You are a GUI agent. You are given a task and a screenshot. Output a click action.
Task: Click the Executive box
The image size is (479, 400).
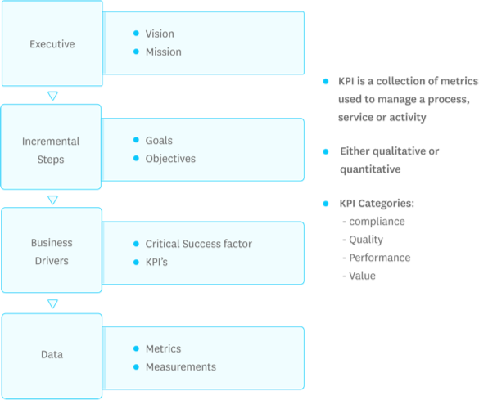[52, 43]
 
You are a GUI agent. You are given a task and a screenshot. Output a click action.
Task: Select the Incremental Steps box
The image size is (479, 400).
[52, 150]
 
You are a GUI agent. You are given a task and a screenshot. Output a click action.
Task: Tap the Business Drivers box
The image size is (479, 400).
[52, 251]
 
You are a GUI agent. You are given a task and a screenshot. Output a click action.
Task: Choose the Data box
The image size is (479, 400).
[52, 355]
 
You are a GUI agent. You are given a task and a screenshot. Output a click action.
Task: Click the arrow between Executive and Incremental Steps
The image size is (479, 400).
[53, 95]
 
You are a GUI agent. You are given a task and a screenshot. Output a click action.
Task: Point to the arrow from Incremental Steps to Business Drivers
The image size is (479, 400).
[53, 199]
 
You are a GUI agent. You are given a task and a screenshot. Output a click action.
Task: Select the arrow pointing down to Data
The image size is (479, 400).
[53, 303]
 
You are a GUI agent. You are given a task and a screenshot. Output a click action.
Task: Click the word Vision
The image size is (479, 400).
[160, 34]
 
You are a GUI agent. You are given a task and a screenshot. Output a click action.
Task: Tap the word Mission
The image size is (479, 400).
[164, 52]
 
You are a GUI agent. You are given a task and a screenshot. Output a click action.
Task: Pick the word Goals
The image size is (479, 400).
[159, 141]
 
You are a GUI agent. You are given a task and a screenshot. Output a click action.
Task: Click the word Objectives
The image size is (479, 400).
[170, 158]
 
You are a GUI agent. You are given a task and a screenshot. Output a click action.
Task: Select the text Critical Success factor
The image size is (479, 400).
[198, 244]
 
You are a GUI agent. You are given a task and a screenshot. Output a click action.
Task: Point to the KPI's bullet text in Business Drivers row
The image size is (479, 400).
[156, 262]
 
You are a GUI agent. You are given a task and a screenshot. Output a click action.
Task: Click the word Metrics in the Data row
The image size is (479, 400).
[163, 348]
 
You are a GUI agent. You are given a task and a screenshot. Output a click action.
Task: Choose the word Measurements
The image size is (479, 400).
[180, 366]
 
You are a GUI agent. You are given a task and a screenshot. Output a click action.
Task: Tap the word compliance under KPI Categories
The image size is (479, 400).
[377, 222]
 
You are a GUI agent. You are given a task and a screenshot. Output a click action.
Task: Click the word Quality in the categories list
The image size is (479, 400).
[366, 240]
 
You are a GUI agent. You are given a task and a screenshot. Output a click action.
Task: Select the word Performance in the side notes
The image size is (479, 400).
[380, 258]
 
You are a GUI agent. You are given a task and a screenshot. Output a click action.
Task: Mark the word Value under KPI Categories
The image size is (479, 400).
[362, 276]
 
